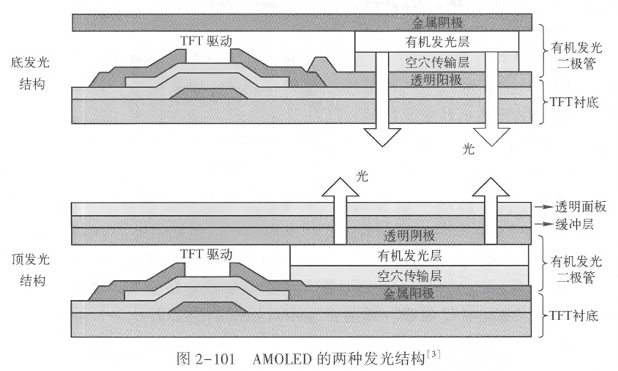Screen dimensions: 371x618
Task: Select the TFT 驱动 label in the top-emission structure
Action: click(x=205, y=254)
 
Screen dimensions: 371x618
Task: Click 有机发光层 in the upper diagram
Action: click(x=436, y=42)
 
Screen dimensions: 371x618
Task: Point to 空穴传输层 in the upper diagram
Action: click(x=436, y=61)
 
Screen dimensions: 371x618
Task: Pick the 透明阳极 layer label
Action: click(x=436, y=79)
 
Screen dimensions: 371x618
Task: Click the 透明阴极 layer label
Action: click(x=415, y=236)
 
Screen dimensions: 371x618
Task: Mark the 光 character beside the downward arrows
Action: click(x=469, y=149)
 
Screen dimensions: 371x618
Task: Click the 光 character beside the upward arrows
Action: click(x=361, y=176)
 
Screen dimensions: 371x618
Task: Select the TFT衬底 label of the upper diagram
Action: click(x=573, y=102)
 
